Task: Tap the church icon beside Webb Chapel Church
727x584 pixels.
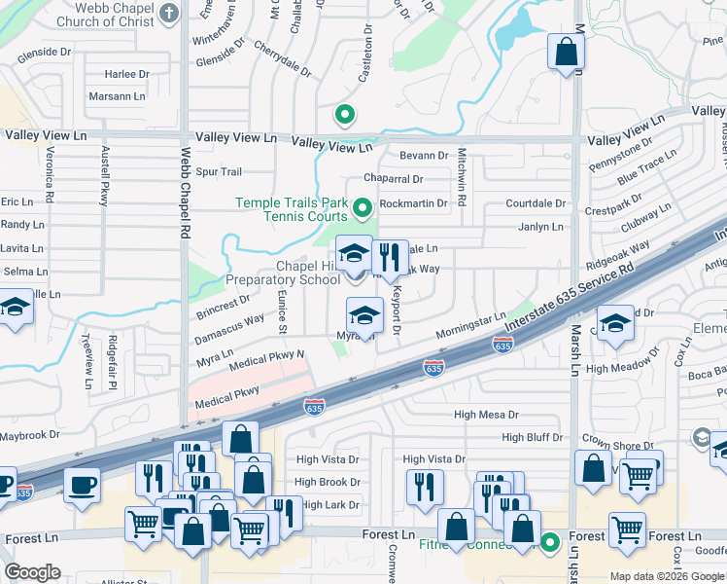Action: pyautogui.click(x=169, y=14)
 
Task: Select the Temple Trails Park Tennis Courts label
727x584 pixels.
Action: pyautogui.click(x=292, y=208)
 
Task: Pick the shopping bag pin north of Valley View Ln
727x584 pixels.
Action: pyautogui.click(x=566, y=53)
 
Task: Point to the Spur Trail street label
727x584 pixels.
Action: pyautogui.click(x=219, y=172)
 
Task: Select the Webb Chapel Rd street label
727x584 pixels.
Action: pyautogui.click(x=185, y=194)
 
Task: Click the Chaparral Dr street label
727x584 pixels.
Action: pyautogui.click(x=393, y=179)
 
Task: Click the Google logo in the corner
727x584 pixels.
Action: pyautogui.click(x=32, y=572)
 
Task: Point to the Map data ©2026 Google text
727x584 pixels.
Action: pyautogui.click(x=667, y=576)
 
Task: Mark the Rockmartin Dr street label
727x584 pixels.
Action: pyautogui.click(x=412, y=203)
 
